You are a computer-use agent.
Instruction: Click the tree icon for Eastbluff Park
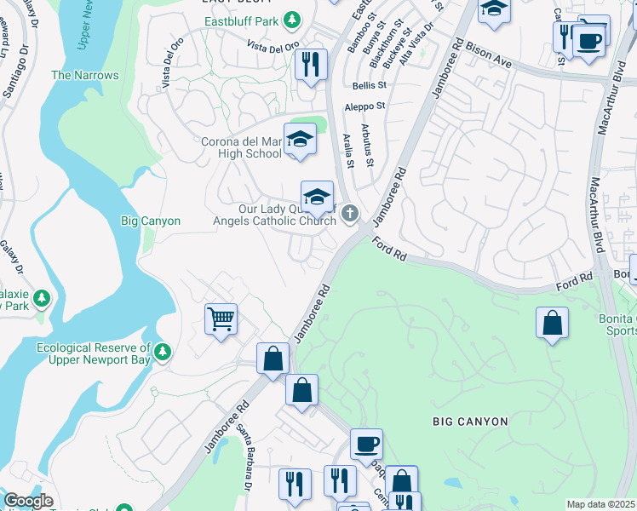(293, 19)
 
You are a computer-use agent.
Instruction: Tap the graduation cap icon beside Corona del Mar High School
(299, 140)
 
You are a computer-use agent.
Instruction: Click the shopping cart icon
(221, 319)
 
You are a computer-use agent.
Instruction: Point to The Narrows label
(85, 75)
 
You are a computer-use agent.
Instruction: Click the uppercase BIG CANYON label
(470, 422)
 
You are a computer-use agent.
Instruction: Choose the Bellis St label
(370, 85)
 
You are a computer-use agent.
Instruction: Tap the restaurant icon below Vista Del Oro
(311, 64)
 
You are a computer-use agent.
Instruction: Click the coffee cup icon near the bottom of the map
(366, 444)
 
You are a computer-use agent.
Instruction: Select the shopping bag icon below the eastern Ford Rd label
(552, 323)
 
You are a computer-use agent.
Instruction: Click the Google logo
(28, 501)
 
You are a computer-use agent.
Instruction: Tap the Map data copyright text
(600, 504)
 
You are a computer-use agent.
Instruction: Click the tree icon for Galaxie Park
(41, 298)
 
